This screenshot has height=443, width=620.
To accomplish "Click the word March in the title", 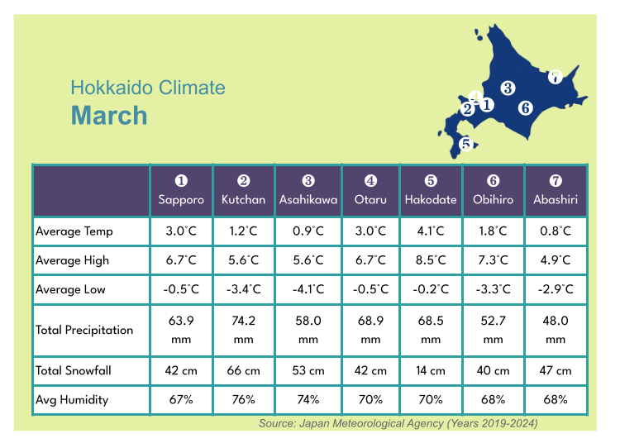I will [109, 116].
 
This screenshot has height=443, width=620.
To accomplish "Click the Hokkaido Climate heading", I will [147, 88].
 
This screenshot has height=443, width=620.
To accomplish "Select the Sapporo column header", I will [181, 191].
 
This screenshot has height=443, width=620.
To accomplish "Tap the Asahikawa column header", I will [308, 191].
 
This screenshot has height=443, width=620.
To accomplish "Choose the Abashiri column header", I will [556, 191].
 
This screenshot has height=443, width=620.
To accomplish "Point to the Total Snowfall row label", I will [74, 370].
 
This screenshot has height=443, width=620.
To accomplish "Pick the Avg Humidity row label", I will [72, 399].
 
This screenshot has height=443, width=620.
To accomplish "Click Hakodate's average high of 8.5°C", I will [431, 260].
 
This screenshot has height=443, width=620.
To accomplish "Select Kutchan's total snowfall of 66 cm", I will [243, 370].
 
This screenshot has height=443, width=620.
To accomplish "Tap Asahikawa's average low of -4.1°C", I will [308, 289].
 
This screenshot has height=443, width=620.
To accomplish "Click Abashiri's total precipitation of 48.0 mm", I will [556, 330].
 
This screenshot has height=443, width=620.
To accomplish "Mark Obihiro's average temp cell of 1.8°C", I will [493, 231].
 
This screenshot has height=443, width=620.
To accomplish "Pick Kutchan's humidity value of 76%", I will [243, 399].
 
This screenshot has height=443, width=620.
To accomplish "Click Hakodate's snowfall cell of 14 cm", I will [431, 370].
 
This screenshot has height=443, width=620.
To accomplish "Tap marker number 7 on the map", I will [556, 77].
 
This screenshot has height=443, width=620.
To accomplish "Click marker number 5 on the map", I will [466, 144].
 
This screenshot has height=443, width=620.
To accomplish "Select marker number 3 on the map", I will [508, 88].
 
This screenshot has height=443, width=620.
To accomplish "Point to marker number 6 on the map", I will [525, 107].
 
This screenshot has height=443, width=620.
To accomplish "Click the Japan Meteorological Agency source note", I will [398, 423].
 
